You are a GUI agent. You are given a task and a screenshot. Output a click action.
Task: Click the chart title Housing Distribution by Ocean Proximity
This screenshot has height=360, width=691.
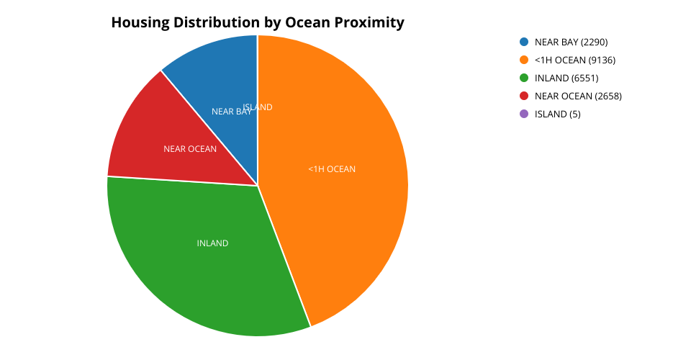point(258,23)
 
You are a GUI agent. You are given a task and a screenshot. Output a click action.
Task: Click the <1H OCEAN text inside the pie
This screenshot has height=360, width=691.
point(332,169)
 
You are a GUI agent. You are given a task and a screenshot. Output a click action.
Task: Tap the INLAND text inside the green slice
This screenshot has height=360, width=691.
point(212,243)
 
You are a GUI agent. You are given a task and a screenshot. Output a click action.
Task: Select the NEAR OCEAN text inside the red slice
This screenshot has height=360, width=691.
point(190,149)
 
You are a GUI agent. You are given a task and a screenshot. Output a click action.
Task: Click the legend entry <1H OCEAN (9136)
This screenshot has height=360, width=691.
point(574,60)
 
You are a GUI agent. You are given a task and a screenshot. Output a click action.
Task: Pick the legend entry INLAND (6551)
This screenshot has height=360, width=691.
point(566,78)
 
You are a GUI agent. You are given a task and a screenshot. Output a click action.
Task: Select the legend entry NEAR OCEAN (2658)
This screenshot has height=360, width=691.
point(578,96)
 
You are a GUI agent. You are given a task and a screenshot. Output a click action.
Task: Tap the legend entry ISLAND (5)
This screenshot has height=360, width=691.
point(557,114)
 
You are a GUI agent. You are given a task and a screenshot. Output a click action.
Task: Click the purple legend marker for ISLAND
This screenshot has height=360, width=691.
point(523,114)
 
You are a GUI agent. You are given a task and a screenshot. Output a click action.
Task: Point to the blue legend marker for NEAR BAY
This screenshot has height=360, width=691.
point(523,42)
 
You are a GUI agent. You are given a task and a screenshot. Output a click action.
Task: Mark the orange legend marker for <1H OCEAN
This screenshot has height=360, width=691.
point(523,60)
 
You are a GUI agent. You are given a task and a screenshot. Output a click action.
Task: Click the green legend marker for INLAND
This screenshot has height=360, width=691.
point(523,78)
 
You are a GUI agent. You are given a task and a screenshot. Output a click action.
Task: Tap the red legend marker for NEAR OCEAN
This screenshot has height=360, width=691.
point(523,96)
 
